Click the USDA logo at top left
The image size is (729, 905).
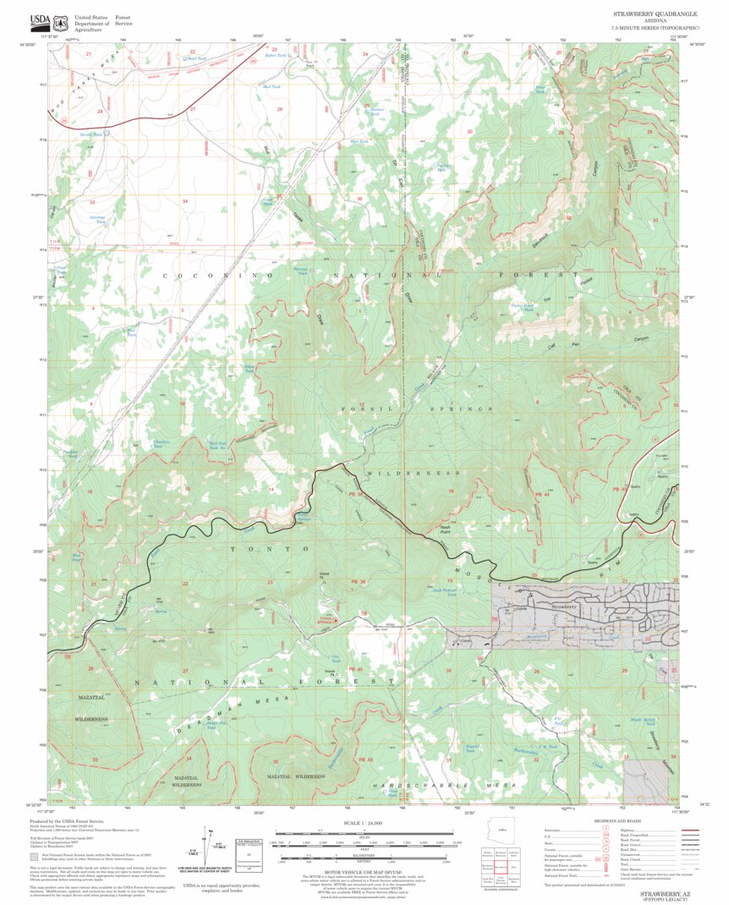(40, 20)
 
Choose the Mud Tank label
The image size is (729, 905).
(271, 87)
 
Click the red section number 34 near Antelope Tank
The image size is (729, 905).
(184, 201)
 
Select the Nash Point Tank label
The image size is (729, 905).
(445, 592)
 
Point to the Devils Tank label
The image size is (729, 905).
(91, 134)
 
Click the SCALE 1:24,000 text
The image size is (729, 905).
(364, 823)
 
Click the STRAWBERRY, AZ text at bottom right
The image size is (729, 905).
(662, 892)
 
